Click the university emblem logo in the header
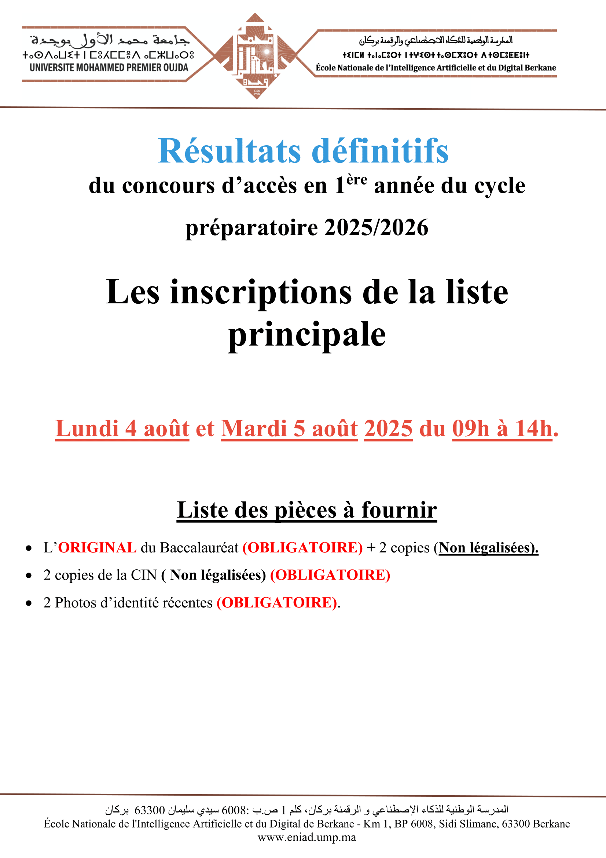(256, 56)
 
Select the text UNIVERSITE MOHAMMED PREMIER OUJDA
(109, 67)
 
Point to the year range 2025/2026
(376, 227)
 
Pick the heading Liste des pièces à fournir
(306, 510)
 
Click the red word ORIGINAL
(98, 548)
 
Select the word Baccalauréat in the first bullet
(199, 548)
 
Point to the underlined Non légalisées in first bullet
(488, 548)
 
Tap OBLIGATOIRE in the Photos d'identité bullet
(277, 603)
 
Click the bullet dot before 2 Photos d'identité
(29, 603)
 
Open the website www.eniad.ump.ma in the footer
(306, 837)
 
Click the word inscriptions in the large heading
(261, 292)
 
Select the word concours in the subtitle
(168, 186)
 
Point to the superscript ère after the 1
(357, 180)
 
